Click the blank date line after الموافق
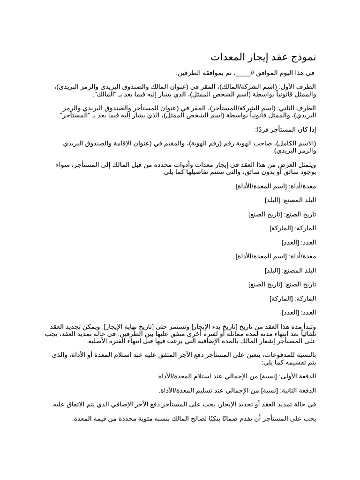coord(243,73)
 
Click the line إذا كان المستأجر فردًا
coord(285,129)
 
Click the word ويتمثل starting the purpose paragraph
coord(306,165)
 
